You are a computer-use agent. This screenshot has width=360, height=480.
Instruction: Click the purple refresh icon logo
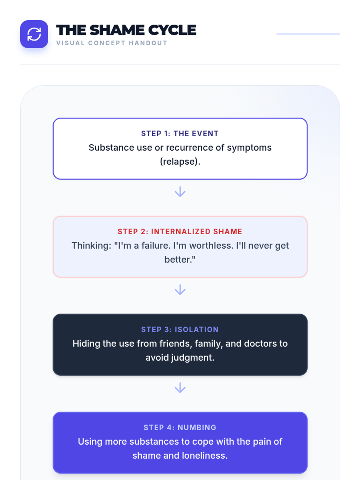[34, 34]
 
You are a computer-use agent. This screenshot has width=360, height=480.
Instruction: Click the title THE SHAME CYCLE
[126, 30]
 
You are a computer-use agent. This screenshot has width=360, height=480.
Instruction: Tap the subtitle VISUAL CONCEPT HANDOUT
[112, 43]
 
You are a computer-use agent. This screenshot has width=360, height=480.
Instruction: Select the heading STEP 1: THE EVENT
[180, 133]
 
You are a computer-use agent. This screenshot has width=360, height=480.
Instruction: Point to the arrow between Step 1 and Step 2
[180, 192]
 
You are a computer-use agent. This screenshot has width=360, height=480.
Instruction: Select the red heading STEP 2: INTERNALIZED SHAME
[180, 232]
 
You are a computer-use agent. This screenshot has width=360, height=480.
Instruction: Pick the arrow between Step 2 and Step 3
[180, 290]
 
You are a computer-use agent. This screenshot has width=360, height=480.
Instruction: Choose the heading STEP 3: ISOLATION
[180, 329]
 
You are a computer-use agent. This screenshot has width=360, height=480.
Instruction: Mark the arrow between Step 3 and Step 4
[180, 388]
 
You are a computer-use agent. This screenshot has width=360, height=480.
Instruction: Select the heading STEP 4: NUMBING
[180, 427]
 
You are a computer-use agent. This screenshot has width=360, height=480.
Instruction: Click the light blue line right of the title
[308, 34]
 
